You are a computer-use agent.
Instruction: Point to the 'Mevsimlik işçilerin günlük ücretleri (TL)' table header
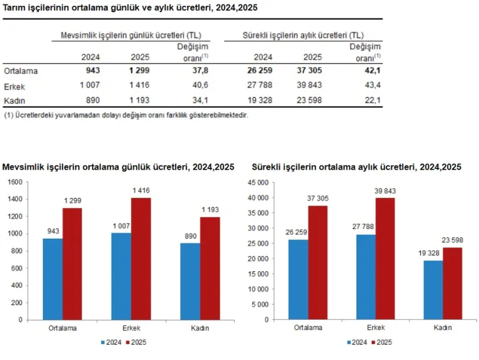point(131,35)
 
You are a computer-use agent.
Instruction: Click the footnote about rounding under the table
point(126,116)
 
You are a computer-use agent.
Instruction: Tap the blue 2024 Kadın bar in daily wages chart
point(190,281)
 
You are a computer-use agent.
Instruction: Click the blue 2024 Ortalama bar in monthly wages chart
point(298,279)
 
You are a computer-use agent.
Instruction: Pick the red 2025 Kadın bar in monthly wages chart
point(452,283)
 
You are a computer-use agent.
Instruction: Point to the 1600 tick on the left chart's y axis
point(15,182)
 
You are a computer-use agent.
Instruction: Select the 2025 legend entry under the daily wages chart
point(135,343)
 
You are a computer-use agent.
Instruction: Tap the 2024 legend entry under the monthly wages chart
point(356,343)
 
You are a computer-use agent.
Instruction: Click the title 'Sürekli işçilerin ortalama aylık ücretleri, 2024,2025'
point(356,167)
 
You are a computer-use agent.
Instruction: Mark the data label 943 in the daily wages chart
point(53,231)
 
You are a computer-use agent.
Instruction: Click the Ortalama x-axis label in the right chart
point(308,328)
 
